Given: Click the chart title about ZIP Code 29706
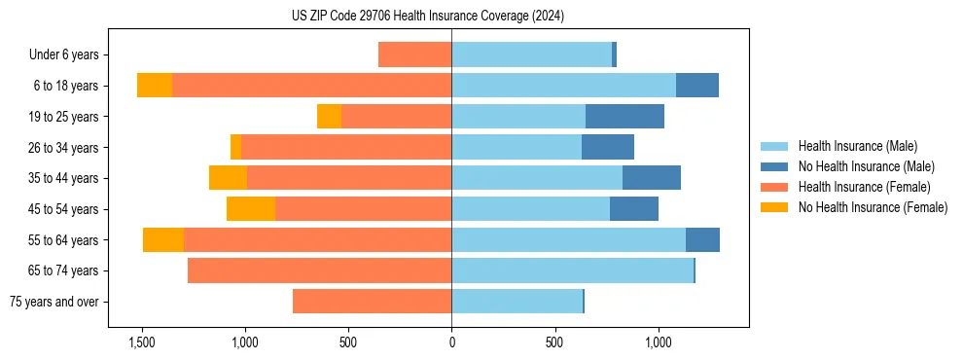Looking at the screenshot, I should (x=427, y=16).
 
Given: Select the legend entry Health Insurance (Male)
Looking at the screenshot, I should (x=857, y=146).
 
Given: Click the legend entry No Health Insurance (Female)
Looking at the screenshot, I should (x=873, y=207).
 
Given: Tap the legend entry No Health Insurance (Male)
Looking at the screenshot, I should (x=866, y=166).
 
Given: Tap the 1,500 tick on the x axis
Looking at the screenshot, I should (x=142, y=342).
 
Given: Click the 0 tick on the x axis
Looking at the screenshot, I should (x=451, y=342).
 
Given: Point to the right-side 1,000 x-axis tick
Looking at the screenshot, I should (x=659, y=342).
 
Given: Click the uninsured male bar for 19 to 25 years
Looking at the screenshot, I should (x=624, y=117).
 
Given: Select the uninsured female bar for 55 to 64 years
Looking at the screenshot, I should (x=163, y=239).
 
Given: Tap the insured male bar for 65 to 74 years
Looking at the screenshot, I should (x=572, y=270).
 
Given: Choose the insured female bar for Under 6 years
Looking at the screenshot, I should (x=414, y=54).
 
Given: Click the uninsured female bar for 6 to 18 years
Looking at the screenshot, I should (x=155, y=86).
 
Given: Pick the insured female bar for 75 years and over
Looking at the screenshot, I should (x=372, y=302).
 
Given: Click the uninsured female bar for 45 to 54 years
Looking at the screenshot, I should (x=251, y=209).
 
